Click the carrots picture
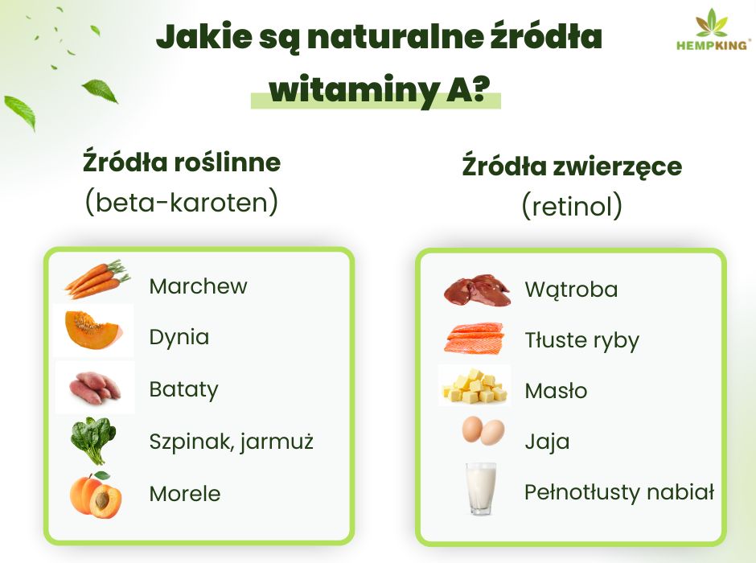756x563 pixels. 97,279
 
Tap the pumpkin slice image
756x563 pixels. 93,330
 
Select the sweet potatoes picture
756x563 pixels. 95,387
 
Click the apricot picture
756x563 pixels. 95,494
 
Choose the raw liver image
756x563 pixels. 477,290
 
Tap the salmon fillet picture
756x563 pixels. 475,338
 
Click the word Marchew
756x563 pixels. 198,286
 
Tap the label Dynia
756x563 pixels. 179,337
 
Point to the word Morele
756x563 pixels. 184,493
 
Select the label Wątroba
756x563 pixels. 571,290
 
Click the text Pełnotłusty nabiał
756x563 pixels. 618,492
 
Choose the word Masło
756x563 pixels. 556,391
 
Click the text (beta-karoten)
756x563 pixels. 182,202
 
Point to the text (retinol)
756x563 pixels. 572,206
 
